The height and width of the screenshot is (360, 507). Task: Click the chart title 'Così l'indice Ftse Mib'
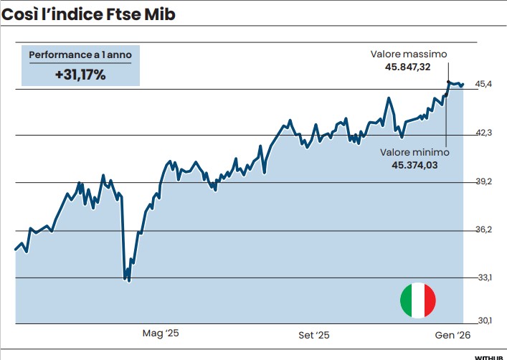click(x=88, y=13)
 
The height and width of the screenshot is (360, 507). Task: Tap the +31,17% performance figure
click(x=80, y=73)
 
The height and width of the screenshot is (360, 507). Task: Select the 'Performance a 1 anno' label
click(x=80, y=55)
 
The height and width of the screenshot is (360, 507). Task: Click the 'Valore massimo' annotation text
click(x=409, y=54)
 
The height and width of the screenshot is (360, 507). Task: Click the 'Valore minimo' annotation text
click(x=414, y=152)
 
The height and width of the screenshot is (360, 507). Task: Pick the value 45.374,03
click(x=414, y=164)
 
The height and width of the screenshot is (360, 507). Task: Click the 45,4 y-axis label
click(x=484, y=85)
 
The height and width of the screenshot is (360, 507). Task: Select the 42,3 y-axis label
click(x=484, y=133)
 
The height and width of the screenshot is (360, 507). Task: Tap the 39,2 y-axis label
click(x=484, y=181)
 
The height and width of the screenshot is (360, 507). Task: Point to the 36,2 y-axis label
click(x=484, y=229)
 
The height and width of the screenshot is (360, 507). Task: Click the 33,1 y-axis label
click(x=484, y=278)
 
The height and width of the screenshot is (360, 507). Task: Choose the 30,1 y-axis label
click(x=484, y=320)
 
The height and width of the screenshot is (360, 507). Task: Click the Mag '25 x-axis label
click(x=160, y=333)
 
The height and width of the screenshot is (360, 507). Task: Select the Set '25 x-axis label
click(x=314, y=334)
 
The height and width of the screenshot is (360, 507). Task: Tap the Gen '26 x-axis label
click(x=453, y=334)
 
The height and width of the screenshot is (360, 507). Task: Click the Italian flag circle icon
click(x=418, y=300)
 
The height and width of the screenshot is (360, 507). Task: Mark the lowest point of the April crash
click(x=129, y=280)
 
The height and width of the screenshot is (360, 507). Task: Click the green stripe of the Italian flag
click(x=406, y=300)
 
